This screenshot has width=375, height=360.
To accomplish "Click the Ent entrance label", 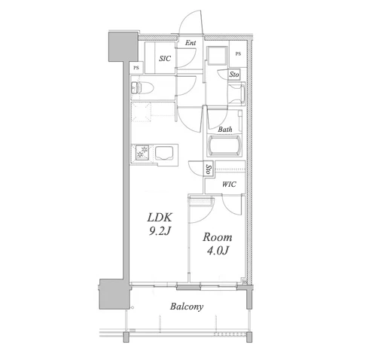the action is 191,43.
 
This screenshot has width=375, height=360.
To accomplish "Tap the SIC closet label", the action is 165,59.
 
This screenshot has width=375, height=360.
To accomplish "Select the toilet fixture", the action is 142,87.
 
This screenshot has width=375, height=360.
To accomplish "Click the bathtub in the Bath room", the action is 224,145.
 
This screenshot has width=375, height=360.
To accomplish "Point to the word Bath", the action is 225,130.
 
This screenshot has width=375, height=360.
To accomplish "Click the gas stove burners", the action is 142,152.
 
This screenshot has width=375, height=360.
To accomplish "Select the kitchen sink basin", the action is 164,153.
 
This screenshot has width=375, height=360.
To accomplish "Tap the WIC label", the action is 229,185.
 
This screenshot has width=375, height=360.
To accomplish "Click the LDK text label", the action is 160,218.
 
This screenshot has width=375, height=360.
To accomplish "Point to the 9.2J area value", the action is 160,231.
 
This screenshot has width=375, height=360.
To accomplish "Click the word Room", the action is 218,237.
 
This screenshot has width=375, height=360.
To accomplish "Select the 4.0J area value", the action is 218,251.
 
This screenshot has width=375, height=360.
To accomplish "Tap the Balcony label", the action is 187,307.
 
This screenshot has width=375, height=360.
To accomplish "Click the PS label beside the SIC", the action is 136,68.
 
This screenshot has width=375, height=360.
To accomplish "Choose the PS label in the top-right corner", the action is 238,53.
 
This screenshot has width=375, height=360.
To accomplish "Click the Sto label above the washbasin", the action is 234,75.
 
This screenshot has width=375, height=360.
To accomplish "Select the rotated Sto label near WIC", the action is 209,169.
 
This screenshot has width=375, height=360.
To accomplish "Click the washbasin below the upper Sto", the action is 237,94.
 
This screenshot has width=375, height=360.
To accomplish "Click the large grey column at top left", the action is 123,47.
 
